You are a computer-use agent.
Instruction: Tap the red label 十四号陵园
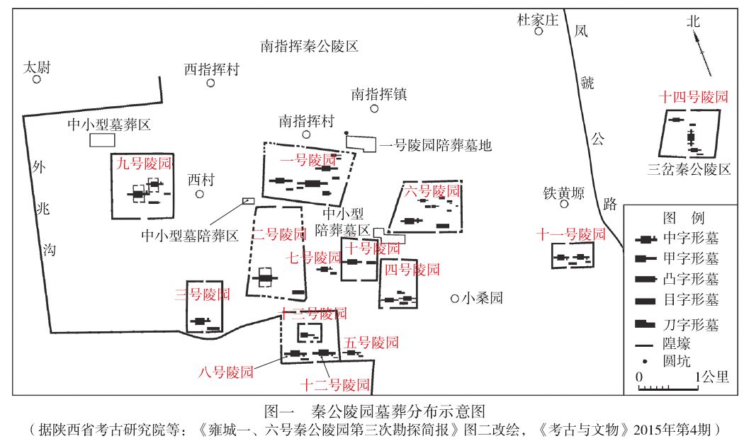click(x=693, y=98)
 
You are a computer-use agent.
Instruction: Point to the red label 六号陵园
click(x=432, y=191)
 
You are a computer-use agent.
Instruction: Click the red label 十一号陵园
click(x=572, y=234)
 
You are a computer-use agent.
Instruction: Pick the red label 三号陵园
click(x=202, y=294)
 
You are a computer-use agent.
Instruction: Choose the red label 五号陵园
click(x=371, y=343)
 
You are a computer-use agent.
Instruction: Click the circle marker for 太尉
click(x=37, y=79)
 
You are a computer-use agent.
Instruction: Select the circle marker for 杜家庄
click(x=539, y=31)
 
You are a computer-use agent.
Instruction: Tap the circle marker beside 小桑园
click(x=454, y=299)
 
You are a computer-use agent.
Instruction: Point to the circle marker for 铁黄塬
click(x=564, y=204)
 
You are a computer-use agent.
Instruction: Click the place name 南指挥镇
click(x=379, y=94)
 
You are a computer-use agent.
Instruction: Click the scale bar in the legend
click(x=667, y=387)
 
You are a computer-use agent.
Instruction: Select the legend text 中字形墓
click(x=689, y=239)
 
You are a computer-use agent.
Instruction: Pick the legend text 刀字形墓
click(x=689, y=325)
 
